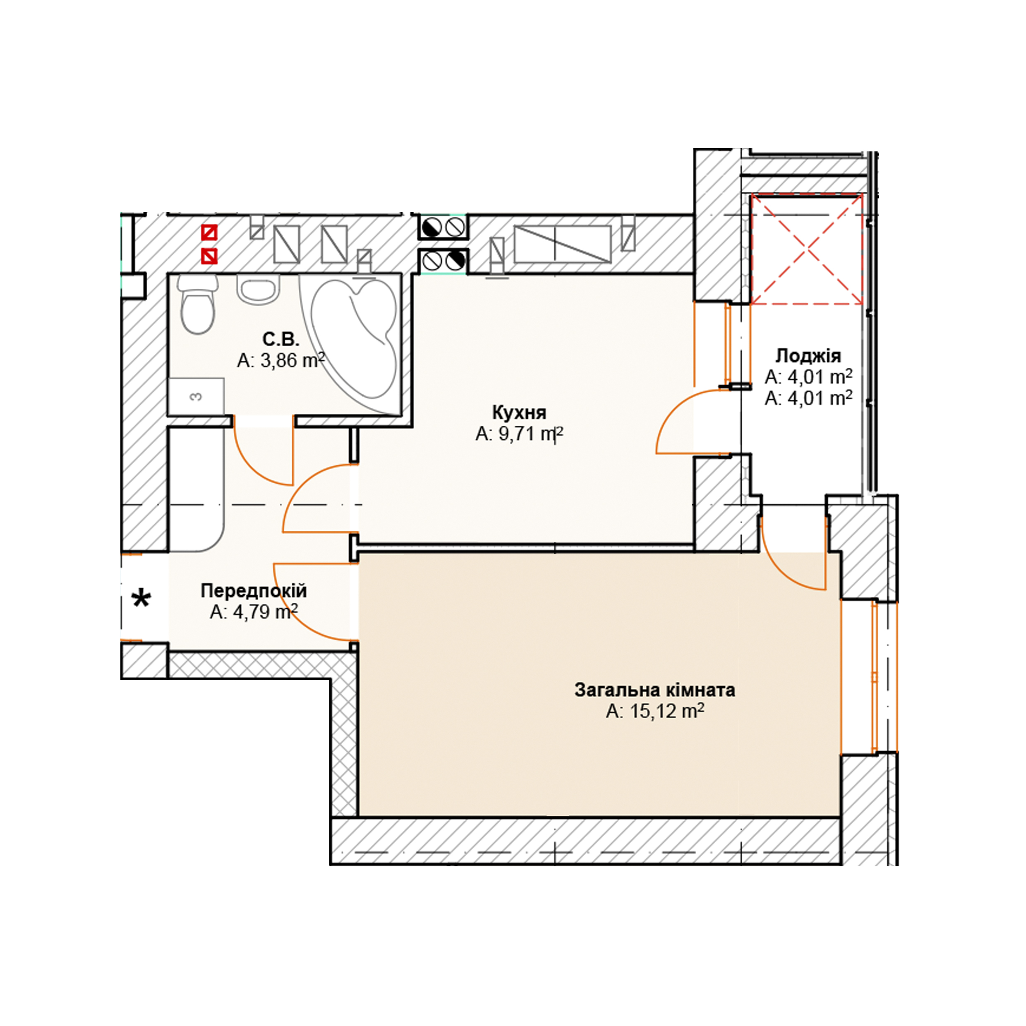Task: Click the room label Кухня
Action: [519, 412]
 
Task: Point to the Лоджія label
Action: [808, 356]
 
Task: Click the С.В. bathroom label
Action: [281, 339]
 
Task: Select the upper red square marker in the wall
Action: [209, 233]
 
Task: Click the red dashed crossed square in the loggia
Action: [806, 249]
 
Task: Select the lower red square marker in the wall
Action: [209, 256]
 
